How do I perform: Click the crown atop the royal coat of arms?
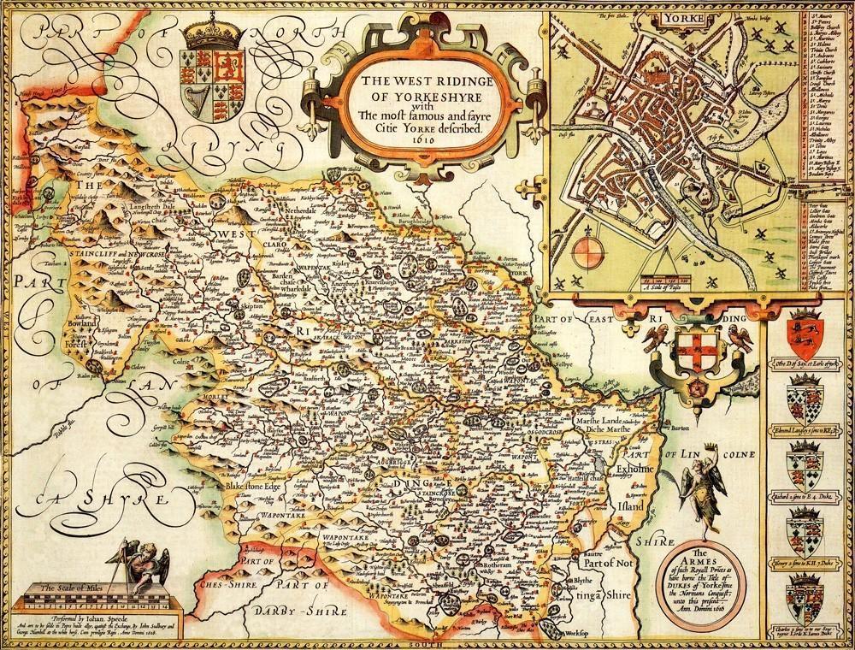(206, 29)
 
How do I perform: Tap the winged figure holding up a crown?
(707, 487)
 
